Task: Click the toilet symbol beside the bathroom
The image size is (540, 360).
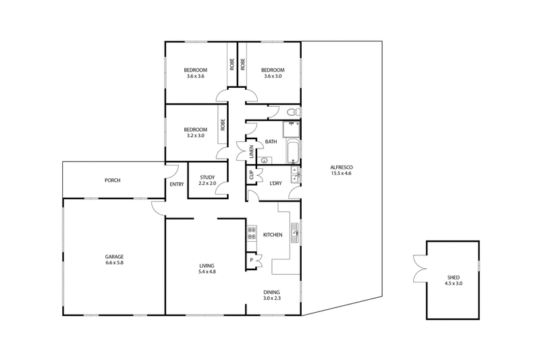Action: (x=292, y=112)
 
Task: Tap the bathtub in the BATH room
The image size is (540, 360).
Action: (x=293, y=151)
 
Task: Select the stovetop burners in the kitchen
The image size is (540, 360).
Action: (x=252, y=232)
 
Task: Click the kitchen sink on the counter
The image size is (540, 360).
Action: (x=295, y=233)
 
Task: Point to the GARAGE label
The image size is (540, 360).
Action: (x=114, y=257)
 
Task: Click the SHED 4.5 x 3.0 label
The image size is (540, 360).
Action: (x=453, y=280)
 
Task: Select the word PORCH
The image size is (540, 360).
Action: (x=113, y=180)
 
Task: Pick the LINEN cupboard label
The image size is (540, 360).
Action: (x=251, y=151)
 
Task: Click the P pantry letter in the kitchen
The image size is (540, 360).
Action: (x=251, y=260)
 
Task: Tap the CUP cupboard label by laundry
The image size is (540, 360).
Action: (x=251, y=175)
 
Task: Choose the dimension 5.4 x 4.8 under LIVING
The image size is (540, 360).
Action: (x=207, y=272)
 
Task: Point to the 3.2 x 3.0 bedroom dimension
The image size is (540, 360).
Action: (x=195, y=135)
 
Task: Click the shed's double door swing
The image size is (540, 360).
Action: (x=420, y=269)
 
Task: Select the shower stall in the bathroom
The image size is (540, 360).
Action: (x=291, y=130)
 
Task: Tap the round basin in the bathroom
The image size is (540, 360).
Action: (x=265, y=160)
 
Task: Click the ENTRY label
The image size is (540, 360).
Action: (x=177, y=184)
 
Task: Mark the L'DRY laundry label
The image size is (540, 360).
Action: (x=275, y=183)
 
